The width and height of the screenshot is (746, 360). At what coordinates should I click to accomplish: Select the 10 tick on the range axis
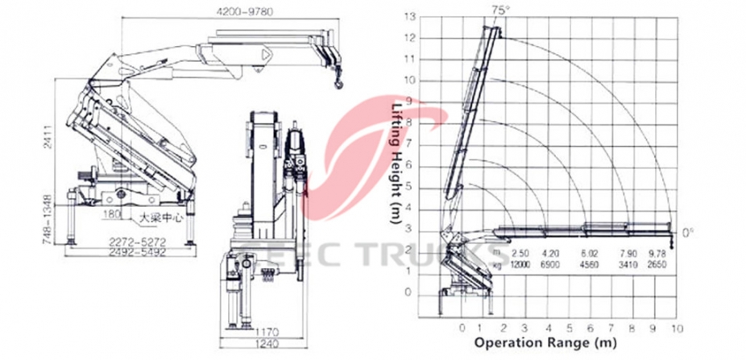coord(677,328)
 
